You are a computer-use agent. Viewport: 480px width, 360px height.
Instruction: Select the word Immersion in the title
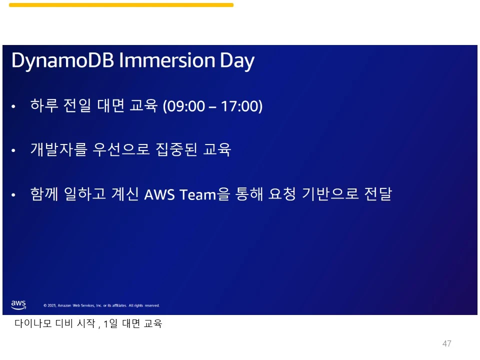pos(167,60)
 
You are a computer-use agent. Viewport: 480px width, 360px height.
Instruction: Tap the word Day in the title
pos(237,61)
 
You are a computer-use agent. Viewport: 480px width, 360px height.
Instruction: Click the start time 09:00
pos(185,106)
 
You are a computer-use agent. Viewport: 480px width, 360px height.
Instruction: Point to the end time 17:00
pos(240,106)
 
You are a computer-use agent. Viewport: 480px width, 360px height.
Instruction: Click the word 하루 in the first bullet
pos(44,105)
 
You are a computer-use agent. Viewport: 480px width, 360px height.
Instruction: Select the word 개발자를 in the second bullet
pos(59,149)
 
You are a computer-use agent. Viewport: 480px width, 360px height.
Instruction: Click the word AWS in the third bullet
pos(159,194)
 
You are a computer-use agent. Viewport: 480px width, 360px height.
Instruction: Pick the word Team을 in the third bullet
pos(204,194)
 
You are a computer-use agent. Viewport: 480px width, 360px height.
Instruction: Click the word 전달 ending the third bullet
pos(378,193)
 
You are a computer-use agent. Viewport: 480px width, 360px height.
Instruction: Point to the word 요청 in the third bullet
pos(282,193)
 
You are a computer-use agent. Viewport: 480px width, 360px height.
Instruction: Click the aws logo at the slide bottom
pos(18,304)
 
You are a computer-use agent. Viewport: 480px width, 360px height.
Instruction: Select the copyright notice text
pos(101,305)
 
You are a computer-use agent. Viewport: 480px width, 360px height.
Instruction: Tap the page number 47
pos(446,343)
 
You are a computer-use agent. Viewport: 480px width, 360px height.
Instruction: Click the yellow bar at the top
pos(121,5)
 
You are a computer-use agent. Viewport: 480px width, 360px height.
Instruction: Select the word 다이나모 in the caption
pos(33,323)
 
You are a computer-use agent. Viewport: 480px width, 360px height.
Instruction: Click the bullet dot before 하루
pos(13,106)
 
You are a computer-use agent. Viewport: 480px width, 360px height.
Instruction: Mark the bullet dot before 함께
pos(13,194)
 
